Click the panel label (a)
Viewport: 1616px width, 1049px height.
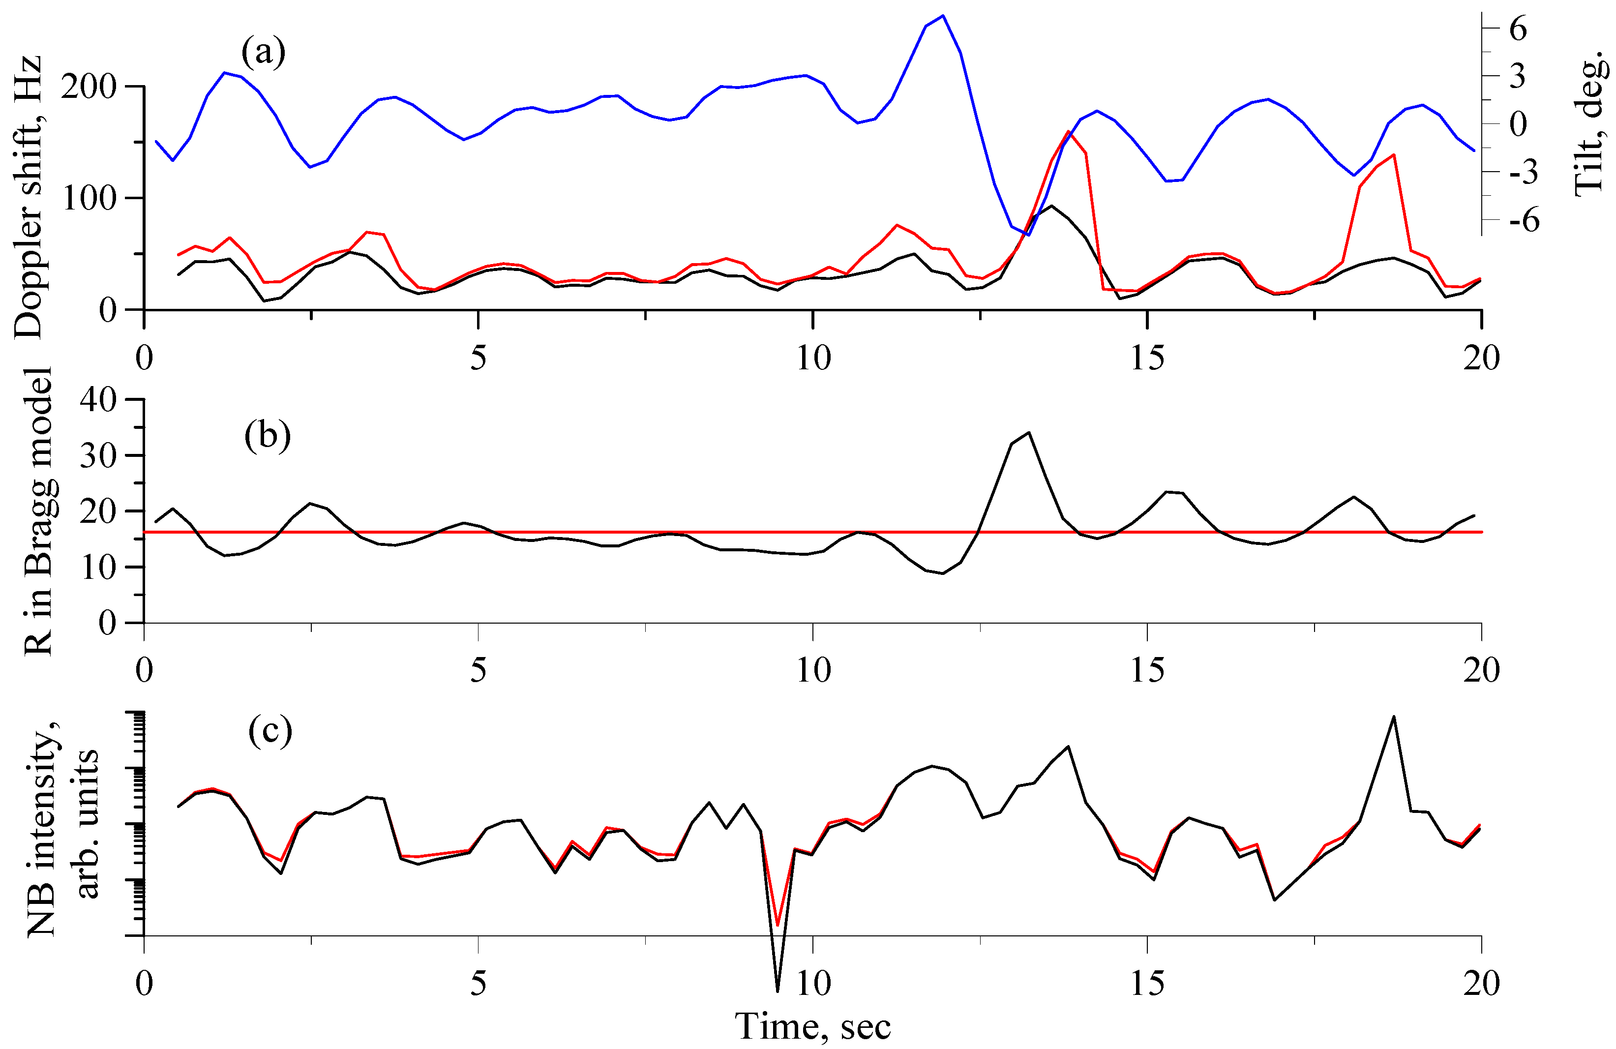264,52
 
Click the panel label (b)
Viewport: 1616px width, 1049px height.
268,435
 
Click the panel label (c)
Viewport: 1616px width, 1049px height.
270,731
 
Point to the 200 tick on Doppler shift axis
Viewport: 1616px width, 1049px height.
98,87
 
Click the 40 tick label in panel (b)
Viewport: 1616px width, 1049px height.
98,399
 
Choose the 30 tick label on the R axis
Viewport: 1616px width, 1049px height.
98,455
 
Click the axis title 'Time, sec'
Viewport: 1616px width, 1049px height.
813,1025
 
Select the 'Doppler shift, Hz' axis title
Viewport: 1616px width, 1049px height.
29,197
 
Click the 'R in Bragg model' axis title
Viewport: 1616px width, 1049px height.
39,510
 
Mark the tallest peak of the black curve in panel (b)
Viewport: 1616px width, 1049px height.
1029,432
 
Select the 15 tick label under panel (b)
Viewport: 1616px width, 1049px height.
1147,670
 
